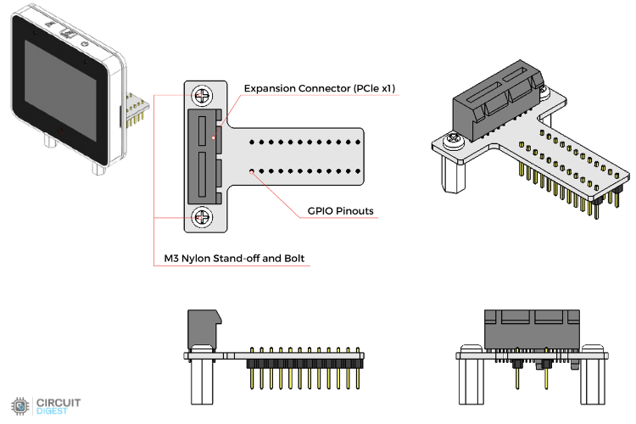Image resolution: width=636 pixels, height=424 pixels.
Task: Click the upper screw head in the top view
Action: (x=203, y=95)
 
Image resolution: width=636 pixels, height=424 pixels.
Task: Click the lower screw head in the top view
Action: (x=203, y=217)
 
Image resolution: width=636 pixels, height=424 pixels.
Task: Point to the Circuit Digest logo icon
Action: (x=20, y=404)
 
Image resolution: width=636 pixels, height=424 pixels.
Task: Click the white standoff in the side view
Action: (x=201, y=382)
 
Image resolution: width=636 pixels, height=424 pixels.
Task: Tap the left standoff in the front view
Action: (x=471, y=382)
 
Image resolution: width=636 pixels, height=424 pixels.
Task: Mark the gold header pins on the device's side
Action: (x=133, y=110)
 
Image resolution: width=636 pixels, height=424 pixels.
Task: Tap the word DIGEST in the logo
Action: (x=52, y=410)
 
